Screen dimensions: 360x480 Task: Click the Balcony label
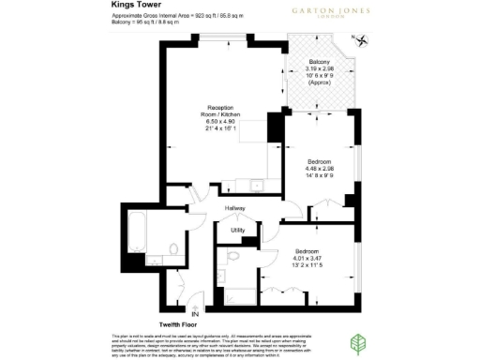point(319,62)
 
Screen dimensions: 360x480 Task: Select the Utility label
point(237,230)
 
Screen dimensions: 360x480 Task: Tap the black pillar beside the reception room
point(275,124)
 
